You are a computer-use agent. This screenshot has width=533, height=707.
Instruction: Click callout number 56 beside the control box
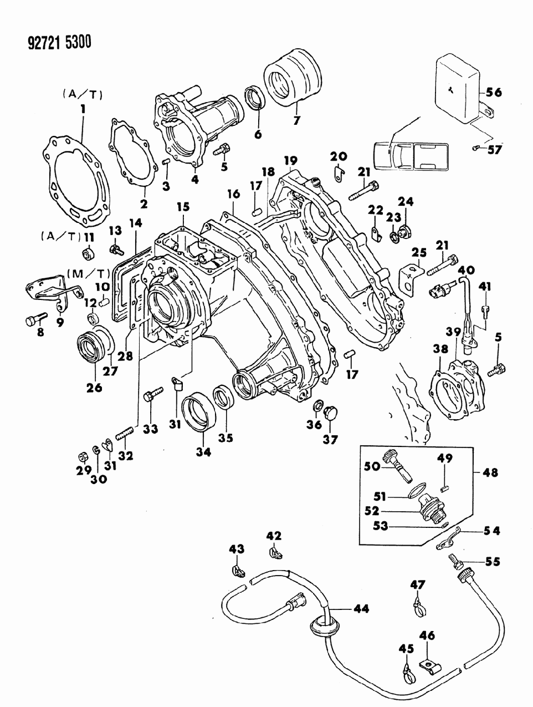point(494,93)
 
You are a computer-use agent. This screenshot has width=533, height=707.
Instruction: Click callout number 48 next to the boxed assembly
point(490,473)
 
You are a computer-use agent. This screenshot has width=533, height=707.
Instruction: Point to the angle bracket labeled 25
point(409,277)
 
